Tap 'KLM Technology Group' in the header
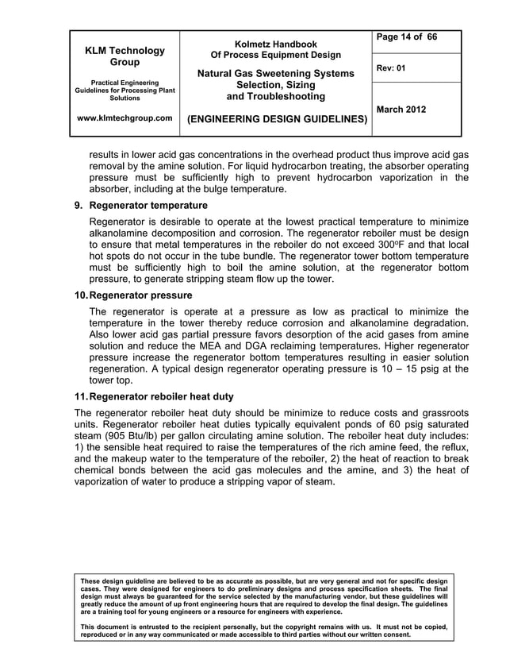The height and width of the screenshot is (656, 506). pyautogui.click(x=126, y=56)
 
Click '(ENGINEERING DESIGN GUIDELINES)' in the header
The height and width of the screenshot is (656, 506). pyautogui.click(x=276, y=120)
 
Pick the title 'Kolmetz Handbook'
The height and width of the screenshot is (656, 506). pyautogui.click(x=276, y=44)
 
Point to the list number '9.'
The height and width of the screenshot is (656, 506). pyautogui.click(x=79, y=206)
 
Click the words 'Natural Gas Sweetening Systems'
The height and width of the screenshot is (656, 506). pyautogui.click(x=276, y=74)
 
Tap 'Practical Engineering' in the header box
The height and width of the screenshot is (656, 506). pyautogui.click(x=126, y=83)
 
